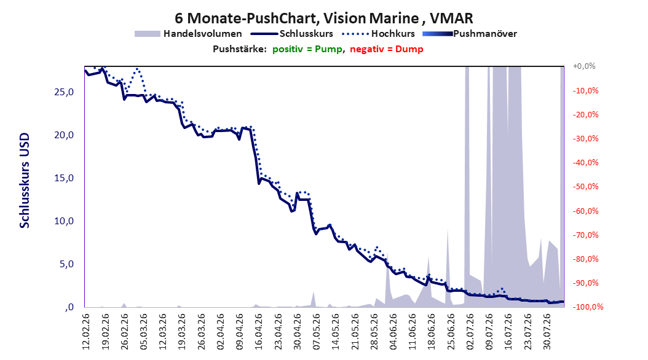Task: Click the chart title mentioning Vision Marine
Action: pos(323,18)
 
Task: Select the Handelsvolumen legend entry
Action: pos(189,34)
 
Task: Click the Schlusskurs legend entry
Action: pos(292,34)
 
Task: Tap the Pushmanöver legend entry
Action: pos(470,34)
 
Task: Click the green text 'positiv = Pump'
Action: pos(307,49)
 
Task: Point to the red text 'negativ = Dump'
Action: pos(387,49)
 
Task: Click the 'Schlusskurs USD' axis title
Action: pos(25,181)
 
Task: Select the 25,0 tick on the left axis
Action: pos(64,92)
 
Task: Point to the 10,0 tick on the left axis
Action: pos(64,221)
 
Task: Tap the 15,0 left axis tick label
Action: pos(64,178)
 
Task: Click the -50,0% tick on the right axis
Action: pos(585,187)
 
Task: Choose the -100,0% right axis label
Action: pos(588,307)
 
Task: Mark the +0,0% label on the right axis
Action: pos(584,66)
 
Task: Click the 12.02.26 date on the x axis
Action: pos(86,332)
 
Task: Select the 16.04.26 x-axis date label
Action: pos(259,332)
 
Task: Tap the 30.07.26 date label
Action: pos(547,332)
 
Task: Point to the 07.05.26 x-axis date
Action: pos(317,332)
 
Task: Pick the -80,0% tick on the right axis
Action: pos(585,259)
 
